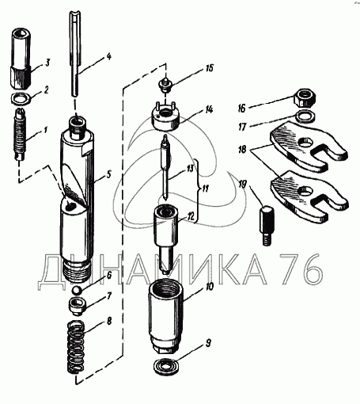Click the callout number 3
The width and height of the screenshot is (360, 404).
point(47,63)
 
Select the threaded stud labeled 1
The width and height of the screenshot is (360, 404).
point(20,134)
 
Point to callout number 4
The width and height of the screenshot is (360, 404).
point(108,56)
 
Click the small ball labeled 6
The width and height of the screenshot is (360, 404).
point(77,290)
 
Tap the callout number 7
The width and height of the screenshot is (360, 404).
point(109,297)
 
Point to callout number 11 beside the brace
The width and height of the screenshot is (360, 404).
point(205,189)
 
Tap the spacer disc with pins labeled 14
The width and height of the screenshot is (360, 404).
point(165,116)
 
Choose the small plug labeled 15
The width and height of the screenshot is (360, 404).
point(165,85)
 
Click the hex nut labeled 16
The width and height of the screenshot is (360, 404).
point(305,98)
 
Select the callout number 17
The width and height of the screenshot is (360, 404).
point(242,127)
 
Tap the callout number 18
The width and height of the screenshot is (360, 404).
point(242,150)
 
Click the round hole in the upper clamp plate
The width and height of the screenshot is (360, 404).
point(305,143)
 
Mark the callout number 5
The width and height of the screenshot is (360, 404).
point(108,175)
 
